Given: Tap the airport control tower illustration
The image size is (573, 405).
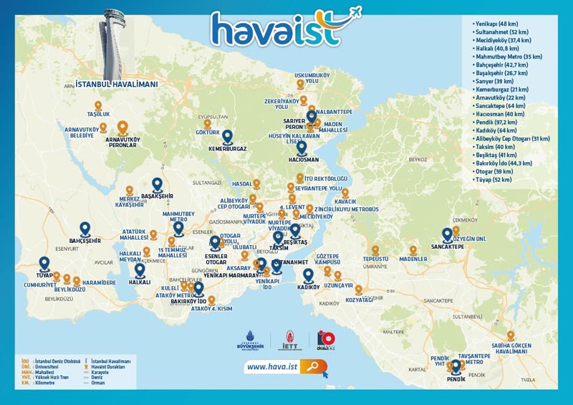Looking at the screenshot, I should (115, 43).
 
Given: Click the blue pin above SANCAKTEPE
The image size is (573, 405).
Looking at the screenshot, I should (447, 234).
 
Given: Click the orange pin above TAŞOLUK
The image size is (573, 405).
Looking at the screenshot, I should (98, 105).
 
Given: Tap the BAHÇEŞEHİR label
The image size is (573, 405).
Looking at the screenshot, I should (85, 241).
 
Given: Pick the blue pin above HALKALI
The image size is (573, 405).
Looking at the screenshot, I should (140, 270).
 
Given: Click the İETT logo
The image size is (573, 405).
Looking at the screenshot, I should (290, 342).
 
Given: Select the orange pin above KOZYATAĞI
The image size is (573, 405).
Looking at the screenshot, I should (358, 291).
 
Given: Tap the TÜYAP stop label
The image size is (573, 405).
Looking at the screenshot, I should (44, 275).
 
